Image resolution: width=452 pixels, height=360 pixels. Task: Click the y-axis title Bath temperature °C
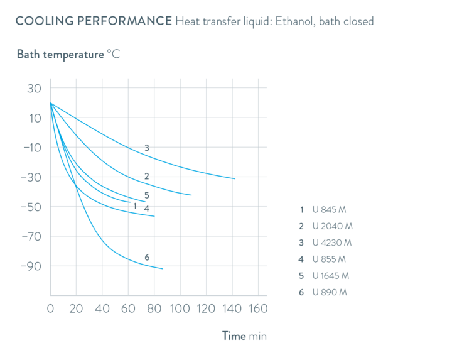[x=68, y=54]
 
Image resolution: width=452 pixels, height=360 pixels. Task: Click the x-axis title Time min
[x=244, y=336]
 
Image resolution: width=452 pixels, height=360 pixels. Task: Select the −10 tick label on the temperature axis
[x=30, y=148]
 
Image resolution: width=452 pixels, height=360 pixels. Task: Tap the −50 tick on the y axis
[x=30, y=207]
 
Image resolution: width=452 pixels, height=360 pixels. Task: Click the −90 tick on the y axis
[x=30, y=266]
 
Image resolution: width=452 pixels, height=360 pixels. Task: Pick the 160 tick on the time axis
[x=259, y=309]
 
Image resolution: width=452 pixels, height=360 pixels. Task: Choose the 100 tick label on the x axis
[x=180, y=309]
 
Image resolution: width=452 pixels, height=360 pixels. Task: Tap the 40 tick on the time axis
[x=102, y=309]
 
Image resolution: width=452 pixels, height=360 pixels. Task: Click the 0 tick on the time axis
[x=50, y=309]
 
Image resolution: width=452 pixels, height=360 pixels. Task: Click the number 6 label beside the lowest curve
[x=147, y=257]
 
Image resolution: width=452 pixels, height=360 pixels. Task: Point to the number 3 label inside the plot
[x=146, y=148]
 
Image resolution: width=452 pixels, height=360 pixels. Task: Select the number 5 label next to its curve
[x=147, y=195]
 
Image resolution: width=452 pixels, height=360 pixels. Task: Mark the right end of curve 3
[x=235, y=179]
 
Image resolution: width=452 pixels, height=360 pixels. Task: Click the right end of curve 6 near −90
[x=163, y=269]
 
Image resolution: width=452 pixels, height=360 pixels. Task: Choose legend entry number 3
[x=325, y=243]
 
